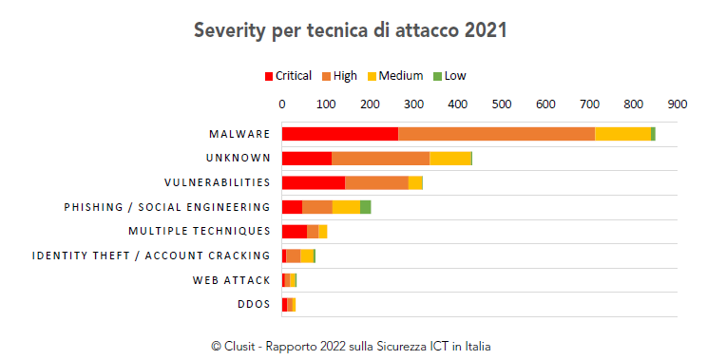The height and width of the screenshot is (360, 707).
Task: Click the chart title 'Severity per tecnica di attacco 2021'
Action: [350, 30]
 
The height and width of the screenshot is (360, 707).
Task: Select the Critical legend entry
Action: [287, 76]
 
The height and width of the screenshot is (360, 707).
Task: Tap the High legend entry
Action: [339, 76]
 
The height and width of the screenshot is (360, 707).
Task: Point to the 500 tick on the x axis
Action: [502, 103]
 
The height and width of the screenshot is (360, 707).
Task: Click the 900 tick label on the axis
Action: [678, 103]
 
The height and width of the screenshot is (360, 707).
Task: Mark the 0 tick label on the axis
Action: [282, 103]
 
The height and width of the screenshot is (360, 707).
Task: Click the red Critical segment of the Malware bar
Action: [339, 134]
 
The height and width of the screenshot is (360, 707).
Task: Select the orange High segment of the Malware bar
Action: [496, 134]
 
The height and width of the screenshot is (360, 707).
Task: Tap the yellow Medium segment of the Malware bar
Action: [622, 134]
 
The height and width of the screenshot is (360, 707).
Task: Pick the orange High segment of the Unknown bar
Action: [380, 158]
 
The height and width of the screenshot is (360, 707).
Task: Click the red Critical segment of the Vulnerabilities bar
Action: [313, 182]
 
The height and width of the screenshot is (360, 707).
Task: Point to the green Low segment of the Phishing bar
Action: [365, 207]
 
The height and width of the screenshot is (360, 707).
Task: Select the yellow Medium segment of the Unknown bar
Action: [449, 158]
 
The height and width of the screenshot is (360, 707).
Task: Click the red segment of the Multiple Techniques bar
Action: [294, 231]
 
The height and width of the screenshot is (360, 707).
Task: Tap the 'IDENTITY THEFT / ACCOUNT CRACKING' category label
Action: [151, 256]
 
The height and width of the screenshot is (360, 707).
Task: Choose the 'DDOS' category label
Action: [254, 304]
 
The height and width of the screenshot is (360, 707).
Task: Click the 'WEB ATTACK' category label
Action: [231, 280]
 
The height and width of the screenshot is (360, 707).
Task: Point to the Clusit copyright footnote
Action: [350, 346]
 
